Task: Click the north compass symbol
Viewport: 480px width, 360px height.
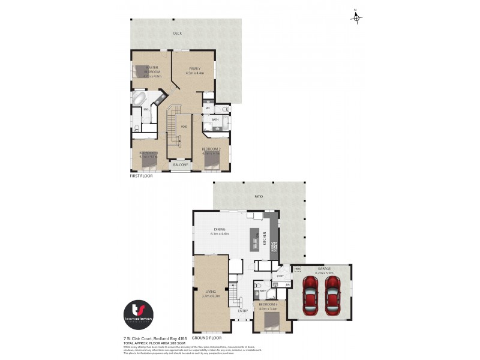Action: [356, 18]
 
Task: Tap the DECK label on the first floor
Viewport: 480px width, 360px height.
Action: [178, 34]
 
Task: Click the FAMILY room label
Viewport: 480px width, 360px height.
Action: [194, 68]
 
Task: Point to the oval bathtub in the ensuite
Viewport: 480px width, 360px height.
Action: [139, 98]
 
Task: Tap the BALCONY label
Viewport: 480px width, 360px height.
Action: [181, 164]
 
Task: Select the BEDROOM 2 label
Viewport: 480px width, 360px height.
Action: [211, 148]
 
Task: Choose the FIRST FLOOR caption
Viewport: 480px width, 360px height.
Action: [143, 177]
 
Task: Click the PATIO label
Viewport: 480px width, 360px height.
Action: [259, 196]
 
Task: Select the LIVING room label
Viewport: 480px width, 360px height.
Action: [210, 292]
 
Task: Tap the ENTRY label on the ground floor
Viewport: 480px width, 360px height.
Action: [243, 311]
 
